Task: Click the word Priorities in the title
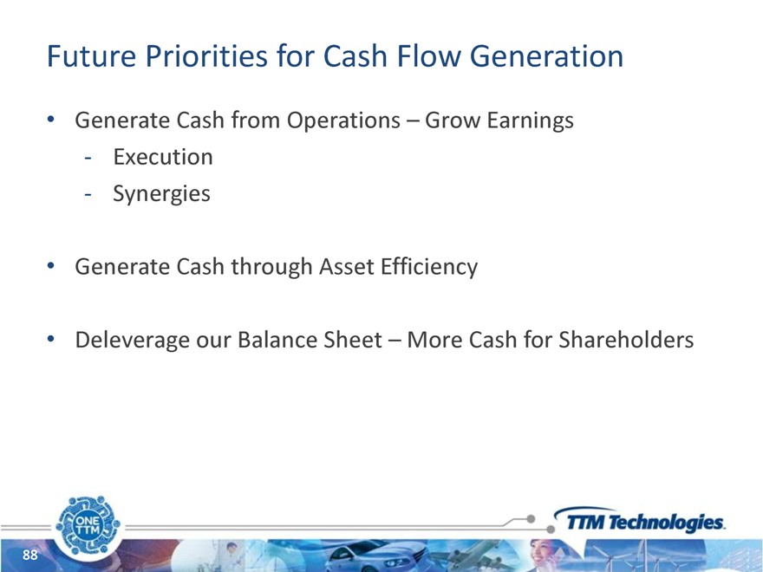(206, 55)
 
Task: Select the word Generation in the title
(546, 55)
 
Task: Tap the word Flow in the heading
(428, 55)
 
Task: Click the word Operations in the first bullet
(343, 120)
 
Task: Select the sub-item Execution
(163, 157)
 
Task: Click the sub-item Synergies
(161, 194)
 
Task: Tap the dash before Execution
(88, 158)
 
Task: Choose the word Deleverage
(133, 340)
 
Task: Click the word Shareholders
(626, 340)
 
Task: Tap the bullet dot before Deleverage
(50, 339)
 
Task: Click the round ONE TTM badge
(88, 525)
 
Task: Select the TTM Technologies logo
(639, 520)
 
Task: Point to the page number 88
(30, 555)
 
